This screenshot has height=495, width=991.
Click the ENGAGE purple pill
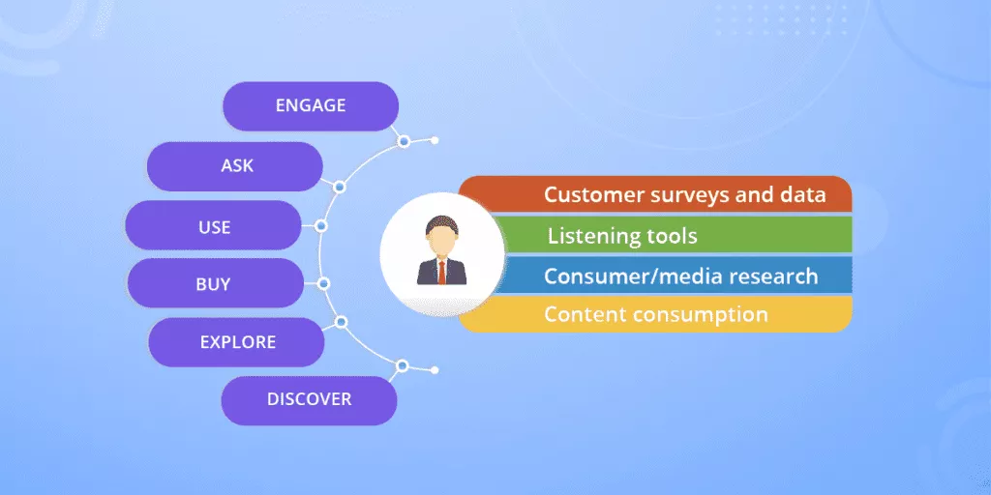pos(311,106)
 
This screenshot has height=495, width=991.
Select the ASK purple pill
pos(235,166)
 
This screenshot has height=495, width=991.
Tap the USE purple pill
pos(214,226)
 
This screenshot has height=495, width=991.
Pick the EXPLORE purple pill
pos(237,342)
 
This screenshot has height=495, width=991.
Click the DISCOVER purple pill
pos(309,399)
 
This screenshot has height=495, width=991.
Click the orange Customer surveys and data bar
pos(668,194)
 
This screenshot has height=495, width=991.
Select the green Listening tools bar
pos(668,235)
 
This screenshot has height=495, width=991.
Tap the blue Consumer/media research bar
pos(668,276)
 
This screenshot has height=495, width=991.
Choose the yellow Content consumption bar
pos(668,315)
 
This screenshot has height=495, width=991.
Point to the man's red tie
pos(441,271)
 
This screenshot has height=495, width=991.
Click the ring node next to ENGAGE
pos(404,141)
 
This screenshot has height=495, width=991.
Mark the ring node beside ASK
pos(340,187)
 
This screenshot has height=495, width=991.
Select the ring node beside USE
pos(321,226)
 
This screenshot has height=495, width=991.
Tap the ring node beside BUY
pos(324,283)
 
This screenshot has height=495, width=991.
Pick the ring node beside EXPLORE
pos(340,322)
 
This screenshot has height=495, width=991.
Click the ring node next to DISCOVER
pos(403,366)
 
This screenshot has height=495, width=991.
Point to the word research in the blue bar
pos(772,277)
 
